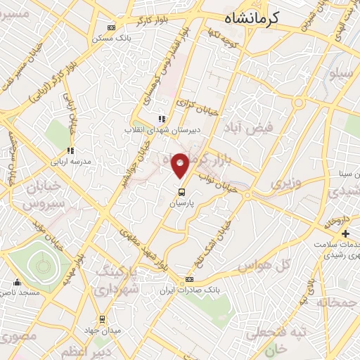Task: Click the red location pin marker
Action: (181, 165)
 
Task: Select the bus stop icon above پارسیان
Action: (181, 191)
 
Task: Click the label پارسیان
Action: (181, 202)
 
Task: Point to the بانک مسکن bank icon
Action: (111, 28)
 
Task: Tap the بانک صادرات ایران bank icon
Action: (188, 280)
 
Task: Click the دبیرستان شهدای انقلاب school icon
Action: (162, 120)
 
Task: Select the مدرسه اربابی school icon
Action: (70, 150)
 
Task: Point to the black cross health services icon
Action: (345, 233)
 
